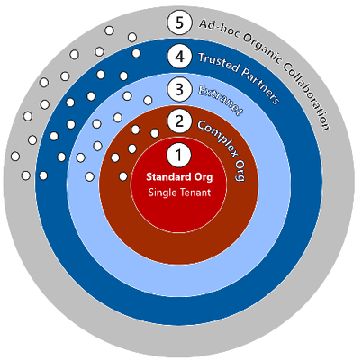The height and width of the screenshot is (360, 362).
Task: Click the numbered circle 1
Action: coord(178,155)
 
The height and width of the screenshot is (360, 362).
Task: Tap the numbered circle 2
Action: coord(179,121)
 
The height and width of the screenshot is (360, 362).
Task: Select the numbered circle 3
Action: coord(179,89)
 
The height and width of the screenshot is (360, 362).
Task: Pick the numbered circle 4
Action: coord(179,57)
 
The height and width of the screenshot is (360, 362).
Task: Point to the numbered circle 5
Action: coord(179,22)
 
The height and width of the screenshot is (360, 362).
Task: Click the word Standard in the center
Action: coord(165,176)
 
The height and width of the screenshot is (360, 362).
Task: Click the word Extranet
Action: coord(221,100)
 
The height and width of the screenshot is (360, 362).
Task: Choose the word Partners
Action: coord(260,85)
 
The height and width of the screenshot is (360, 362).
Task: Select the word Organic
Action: coord(262,46)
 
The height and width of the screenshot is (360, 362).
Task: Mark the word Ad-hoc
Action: coord(219,29)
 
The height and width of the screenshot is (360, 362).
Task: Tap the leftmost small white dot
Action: coord(15,157)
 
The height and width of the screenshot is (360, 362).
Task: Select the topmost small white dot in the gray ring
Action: coord(109,31)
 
